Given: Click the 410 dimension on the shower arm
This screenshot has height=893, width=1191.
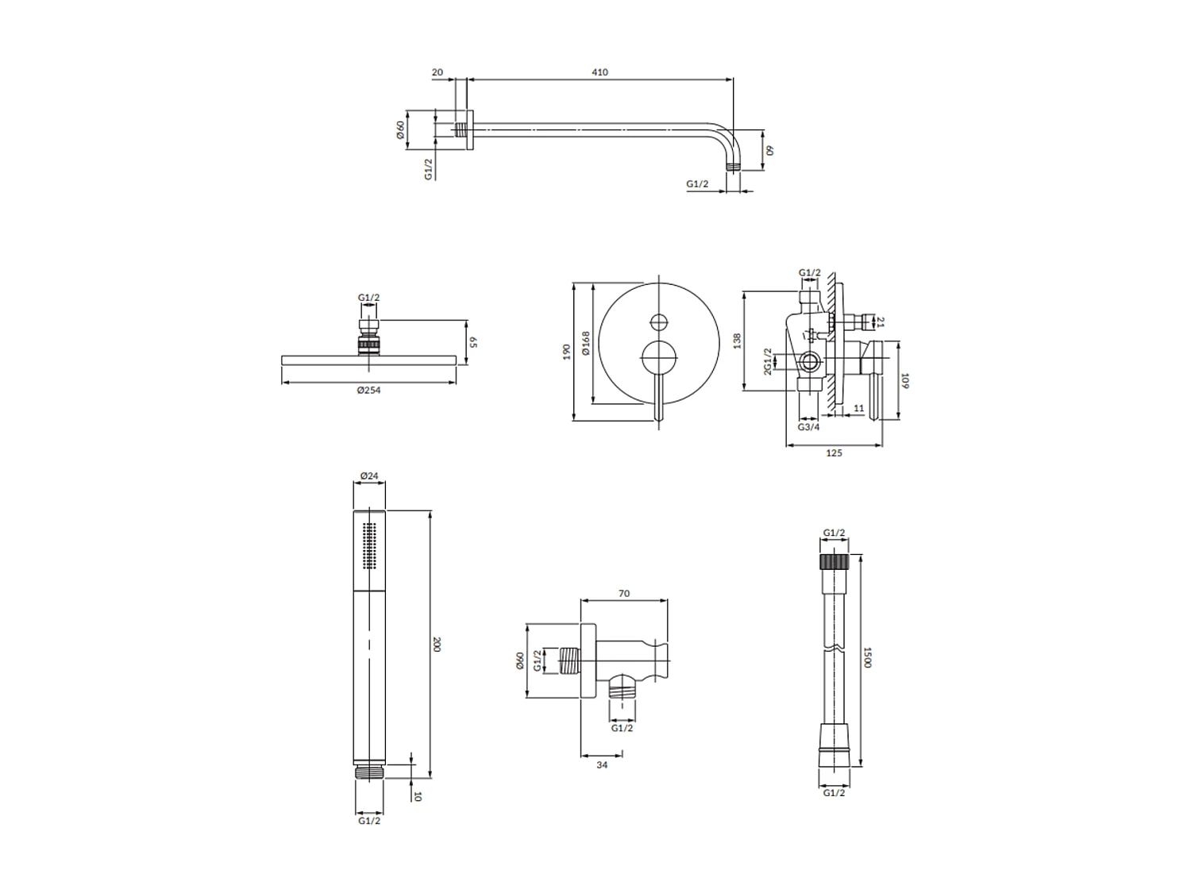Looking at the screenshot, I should point(599,72).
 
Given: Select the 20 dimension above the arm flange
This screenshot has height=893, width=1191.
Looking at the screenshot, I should point(437,72).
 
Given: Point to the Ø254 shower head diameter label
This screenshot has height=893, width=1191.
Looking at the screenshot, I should point(368,390).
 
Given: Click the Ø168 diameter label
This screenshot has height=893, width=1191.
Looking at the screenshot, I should point(586,343).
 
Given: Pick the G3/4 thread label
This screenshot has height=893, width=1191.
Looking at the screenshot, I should point(808,427).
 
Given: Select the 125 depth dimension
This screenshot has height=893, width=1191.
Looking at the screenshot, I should point(834,453).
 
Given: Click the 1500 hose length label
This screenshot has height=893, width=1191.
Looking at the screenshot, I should point(868,656).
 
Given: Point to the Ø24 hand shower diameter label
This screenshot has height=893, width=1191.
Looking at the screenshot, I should point(368,476).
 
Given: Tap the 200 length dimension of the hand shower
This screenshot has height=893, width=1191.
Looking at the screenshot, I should point(436,644).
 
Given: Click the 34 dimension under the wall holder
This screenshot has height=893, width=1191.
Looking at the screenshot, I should point(601,764).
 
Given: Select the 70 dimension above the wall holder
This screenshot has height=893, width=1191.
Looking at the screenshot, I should point(623,593).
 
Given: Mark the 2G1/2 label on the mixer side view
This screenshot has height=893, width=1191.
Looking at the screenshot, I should point(768,362).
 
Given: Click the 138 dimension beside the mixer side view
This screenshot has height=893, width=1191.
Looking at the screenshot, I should point(737,341).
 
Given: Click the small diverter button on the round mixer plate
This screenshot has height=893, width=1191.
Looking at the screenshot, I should point(658,322).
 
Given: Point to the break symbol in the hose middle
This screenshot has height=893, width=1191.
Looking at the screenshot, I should point(834,651).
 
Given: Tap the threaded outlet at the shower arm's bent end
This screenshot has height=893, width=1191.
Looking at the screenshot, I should point(734,167).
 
